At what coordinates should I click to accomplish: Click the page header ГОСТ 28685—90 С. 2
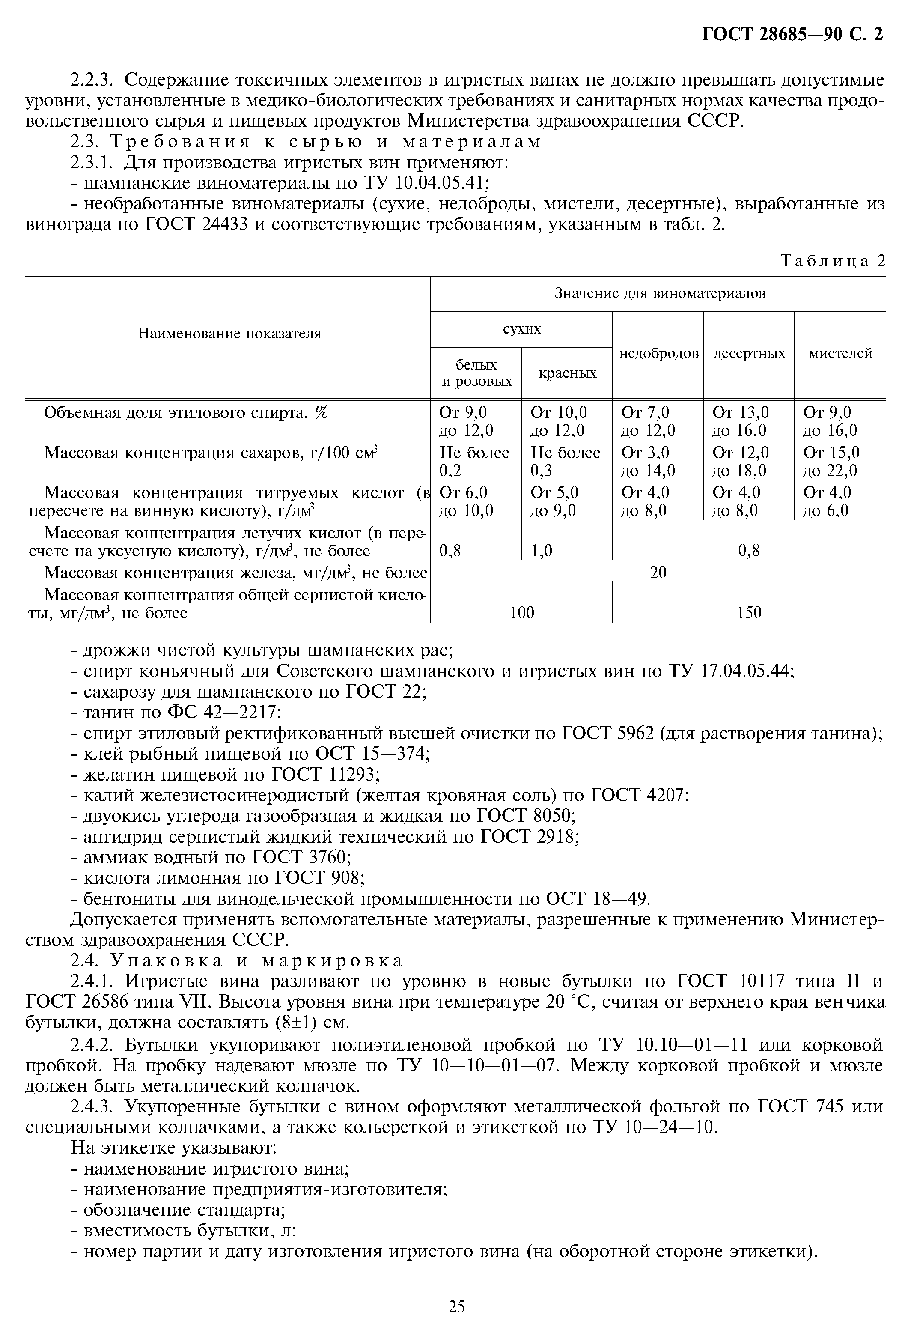tap(792, 35)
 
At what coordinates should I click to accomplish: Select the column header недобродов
tap(658, 353)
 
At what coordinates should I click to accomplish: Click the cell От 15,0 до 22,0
tap(831, 462)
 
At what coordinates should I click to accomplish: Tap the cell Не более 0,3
tap(565, 462)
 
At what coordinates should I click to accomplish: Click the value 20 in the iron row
tap(658, 573)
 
